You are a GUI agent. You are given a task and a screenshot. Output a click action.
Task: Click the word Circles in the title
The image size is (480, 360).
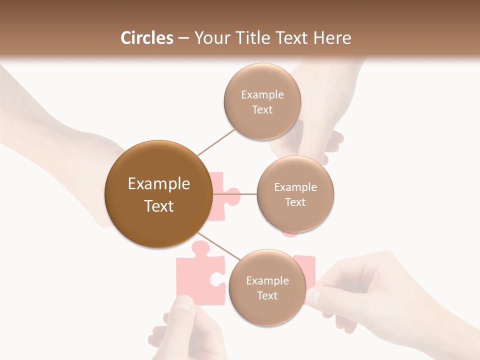(x=147, y=38)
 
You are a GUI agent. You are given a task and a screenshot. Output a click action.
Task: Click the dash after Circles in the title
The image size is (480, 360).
(x=183, y=38)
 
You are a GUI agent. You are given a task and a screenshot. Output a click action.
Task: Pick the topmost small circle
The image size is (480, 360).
(x=262, y=101)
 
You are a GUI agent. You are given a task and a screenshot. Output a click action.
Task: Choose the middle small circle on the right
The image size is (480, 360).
(x=295, y=194)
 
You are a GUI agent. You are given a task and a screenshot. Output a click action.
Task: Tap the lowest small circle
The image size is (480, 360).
(x=267, y=287)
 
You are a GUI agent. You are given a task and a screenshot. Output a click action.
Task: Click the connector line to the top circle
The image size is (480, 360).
(x=216, y=142)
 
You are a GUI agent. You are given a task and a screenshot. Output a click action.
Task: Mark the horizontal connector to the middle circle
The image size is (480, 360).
(x=234, y=194)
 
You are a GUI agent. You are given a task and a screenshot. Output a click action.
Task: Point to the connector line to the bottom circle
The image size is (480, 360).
(x=219, y=246)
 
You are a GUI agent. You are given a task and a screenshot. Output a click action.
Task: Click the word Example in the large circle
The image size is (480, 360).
(x=158, y=184)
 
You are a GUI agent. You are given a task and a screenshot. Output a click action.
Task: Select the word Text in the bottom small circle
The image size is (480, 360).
(x=267, y=295)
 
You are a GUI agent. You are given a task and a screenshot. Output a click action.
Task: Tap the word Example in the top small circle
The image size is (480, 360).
(x=262, y=94)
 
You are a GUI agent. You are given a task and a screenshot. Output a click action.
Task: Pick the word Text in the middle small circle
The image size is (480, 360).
(x=295, y=202)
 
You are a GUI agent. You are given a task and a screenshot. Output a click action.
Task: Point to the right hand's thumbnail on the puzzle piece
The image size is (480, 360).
(x=312, y=296)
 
